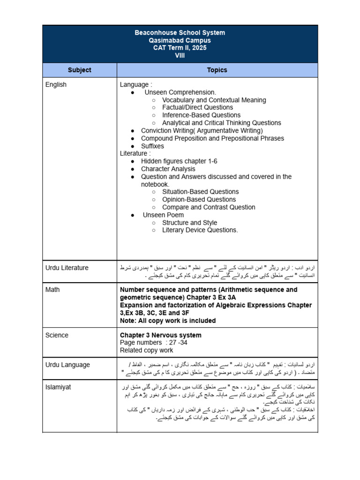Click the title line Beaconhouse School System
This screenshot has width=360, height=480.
[180, 33]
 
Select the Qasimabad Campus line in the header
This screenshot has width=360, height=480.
[180, 40]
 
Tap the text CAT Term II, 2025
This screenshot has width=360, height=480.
[180, 48]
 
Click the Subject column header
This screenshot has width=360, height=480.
[79, 70]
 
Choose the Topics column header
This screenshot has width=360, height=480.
[217, 70]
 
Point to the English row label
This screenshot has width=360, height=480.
[56, 85]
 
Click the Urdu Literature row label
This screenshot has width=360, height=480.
[67, 268]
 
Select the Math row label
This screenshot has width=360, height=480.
[52, 290]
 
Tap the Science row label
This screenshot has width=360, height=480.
[57, 335]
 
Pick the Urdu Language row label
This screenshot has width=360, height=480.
[67, 365]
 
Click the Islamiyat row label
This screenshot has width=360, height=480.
[59, 387]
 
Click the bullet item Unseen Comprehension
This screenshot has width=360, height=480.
[180, 92]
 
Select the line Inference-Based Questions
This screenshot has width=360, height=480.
[201, 115]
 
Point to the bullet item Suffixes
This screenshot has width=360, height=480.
[152, 146]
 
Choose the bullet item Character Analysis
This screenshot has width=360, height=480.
[168, 169]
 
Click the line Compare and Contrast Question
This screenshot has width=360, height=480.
[209, 207]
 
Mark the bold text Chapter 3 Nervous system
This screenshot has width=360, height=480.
[161, 335]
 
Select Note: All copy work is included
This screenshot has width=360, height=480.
[168, 321]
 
